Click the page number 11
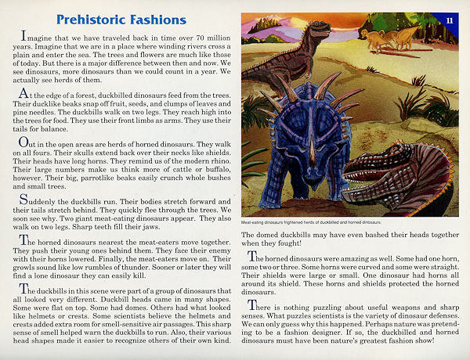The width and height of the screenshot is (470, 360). pyautogui.click(x=450, y=20)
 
